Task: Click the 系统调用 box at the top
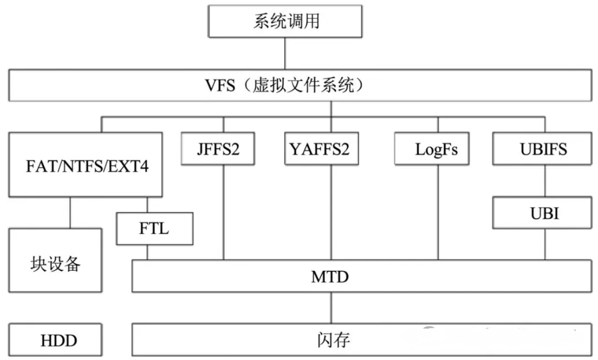coord(285,22)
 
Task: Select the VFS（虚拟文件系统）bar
coord(299,86)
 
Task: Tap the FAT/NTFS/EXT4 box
coord(86,164)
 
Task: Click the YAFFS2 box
coord(319,149)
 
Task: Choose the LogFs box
coord(431,149)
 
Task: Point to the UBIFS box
coord(543,149)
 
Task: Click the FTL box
coord(155,228)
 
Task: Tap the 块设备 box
coord(55,261)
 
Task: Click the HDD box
coord(55,340)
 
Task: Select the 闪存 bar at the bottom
coord(362,340)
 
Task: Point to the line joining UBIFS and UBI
coord(543,182)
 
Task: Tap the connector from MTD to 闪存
coord(331,308)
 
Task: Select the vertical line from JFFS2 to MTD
coord(223,213)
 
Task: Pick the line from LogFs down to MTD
coord(438,213)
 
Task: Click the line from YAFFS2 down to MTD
coord(331,213)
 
